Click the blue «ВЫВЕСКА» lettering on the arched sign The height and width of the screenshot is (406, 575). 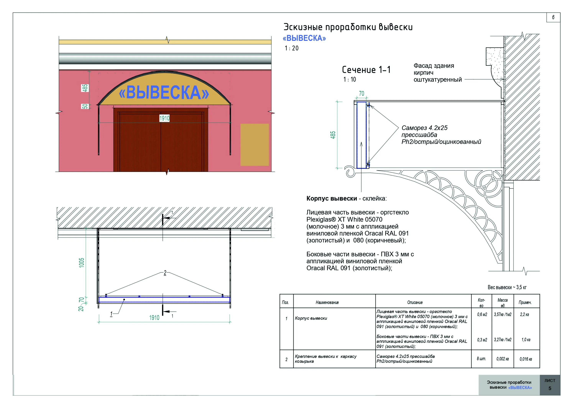tap(164, 93)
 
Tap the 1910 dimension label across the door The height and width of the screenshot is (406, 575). tap(164, 118)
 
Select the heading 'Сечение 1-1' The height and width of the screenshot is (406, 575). tap(366, 70)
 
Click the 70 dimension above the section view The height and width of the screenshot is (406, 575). tap(361, 94)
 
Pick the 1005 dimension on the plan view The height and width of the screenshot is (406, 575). tap(82, 263)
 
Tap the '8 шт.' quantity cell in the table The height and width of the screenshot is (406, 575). tap(481, 359)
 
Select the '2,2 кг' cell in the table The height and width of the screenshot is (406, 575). tap(524, 315)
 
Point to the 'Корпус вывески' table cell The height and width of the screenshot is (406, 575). tap(311, 318)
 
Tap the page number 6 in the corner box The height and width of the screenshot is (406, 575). tap(553, 17)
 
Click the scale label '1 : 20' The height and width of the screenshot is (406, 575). tap(292, 48)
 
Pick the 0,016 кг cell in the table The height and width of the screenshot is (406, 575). tap(526, 359)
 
